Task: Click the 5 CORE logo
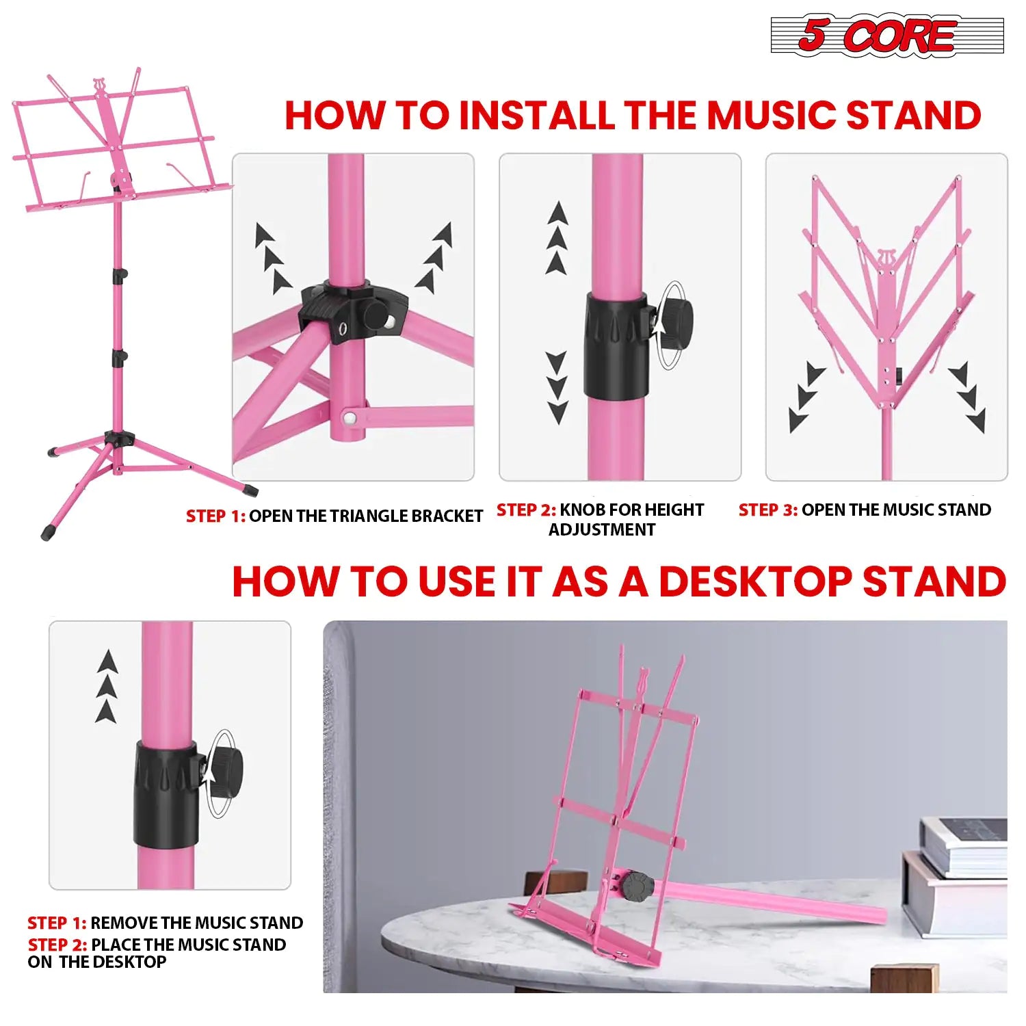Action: (x=886, y=36)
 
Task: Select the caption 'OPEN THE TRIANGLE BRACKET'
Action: (x=365, y=516)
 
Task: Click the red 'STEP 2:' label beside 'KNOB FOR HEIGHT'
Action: (x=525, y=510)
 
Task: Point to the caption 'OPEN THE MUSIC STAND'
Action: (x=896, y=510)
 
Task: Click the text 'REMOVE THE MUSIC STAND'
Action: (x=196, y=923)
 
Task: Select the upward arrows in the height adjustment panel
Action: (x=557, y=238)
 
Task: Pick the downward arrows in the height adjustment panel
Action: (x=557, y=386)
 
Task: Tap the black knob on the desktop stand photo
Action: (x=636, y=887)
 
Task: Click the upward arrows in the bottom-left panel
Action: (x=107, y=686)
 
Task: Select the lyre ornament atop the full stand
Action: (x=101, y=87)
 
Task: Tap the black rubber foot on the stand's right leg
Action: (x=250, y=489)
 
